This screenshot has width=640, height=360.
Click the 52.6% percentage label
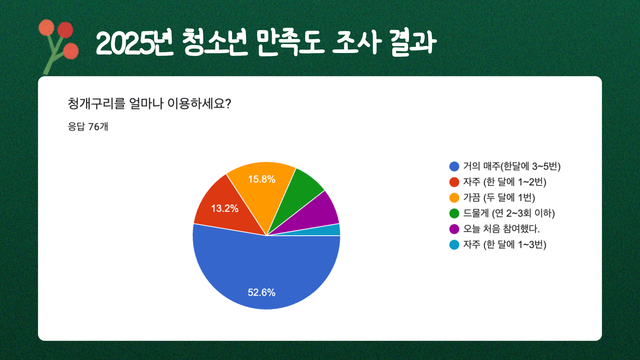click(x=261, y=292)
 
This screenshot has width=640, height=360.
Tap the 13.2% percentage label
click(x=225, y=208)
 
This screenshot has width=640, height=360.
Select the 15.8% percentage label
click(x=262, y=179)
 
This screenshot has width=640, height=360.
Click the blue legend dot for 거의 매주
click(x=454, y=166)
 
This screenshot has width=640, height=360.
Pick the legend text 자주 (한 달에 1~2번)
click(x=505, y=182)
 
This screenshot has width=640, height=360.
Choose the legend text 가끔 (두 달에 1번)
click(x=499, y=197)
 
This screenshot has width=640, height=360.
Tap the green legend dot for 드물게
click(x=454, y=213)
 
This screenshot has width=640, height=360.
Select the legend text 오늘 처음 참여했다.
click(x=501, y=229)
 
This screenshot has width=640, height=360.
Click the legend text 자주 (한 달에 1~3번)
click(x=505, y=244)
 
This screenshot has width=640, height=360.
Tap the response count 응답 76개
click(x=88, y=127)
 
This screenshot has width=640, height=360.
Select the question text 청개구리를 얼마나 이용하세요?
click(x=149, y=103)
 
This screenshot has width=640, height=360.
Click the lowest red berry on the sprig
click(x=71, y=51)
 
